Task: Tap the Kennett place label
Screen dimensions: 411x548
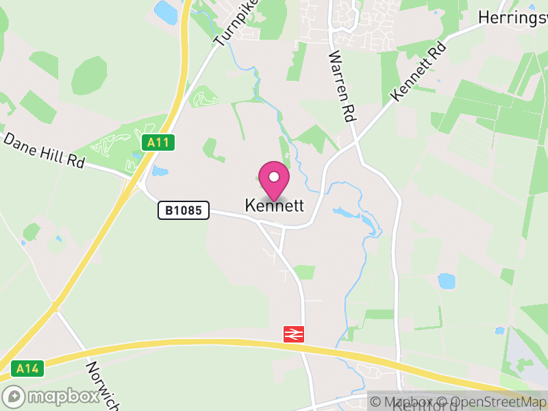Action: (274, 206)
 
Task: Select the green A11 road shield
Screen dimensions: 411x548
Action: (159, 142)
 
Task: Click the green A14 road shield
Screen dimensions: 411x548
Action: (27, 369)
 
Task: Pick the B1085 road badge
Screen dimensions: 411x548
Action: (184, 210)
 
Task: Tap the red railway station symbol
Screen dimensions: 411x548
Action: (294, 334)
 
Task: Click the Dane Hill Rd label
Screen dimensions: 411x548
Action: (44, 151)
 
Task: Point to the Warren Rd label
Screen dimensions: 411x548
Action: (342, 86)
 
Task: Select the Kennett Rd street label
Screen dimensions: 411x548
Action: (419, 71)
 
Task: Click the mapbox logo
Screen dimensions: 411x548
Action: (51, 397)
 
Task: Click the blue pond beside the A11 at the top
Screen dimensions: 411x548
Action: (165, 11)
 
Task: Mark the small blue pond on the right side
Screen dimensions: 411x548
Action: (447, 281)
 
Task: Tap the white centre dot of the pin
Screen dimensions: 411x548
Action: (274, 177)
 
